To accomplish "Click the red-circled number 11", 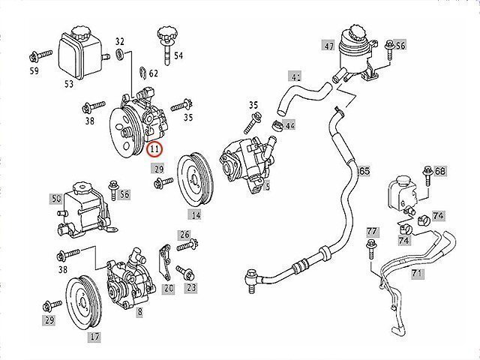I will [155, 148].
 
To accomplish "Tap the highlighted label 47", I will [328, 46].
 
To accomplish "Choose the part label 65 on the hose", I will [364, 171].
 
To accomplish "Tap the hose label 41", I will [295, 76].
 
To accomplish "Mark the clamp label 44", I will [289, 125].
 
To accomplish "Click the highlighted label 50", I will [55, 199].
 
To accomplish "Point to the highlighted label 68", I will [440, 171].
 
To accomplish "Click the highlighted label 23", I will [191, 286].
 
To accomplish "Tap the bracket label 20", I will [169, 288].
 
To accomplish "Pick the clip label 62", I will [153, 73].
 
